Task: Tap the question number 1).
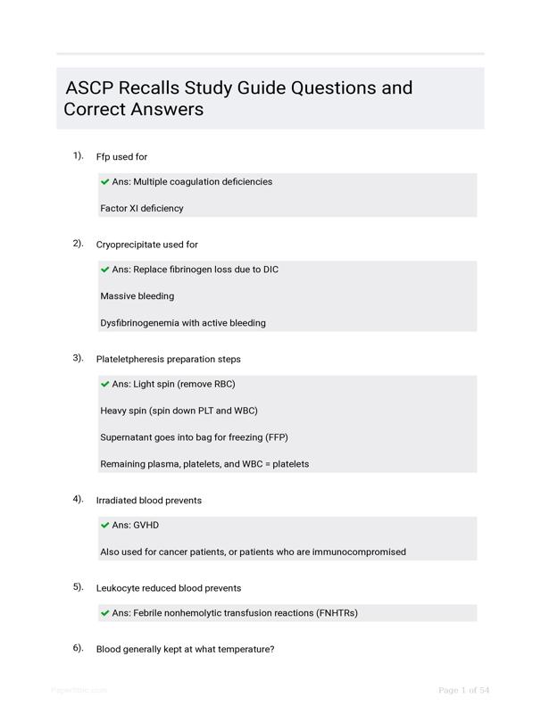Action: coord(79,155)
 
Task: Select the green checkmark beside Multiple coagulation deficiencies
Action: coord(105,182)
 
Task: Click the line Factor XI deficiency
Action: coord(142,208)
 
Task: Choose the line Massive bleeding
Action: coord(137,296)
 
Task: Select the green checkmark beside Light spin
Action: coord(105,385)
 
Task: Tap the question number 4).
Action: coord(79,499)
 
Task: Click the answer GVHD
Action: coord(146,526)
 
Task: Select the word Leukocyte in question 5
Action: coord(120,588)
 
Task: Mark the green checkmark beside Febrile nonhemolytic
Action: coord(105,614)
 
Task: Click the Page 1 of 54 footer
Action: coord(464,690)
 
